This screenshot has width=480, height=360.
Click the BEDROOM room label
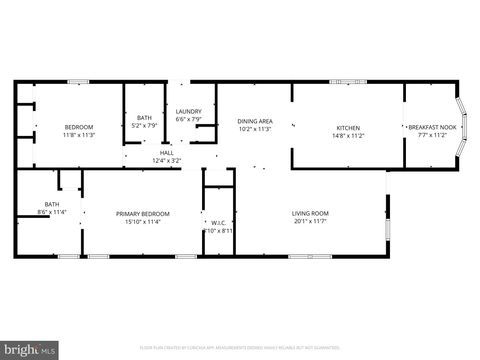coord(79,127)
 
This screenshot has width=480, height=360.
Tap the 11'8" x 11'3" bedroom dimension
coord(79,135)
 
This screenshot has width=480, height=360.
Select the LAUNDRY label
coord(189,111)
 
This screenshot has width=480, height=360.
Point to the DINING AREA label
coord(255,121)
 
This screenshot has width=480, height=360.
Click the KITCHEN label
coord(348,128)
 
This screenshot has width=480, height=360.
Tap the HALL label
coord(166,153)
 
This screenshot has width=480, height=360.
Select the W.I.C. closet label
coord(218,223)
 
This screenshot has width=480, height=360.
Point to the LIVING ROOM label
coord(310,213)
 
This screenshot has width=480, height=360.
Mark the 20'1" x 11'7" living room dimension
coord(310,221)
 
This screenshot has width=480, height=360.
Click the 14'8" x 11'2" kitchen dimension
coord(348,136)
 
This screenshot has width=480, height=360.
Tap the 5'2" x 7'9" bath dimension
coord(145,126)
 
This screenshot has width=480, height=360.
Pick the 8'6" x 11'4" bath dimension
coord(51,212)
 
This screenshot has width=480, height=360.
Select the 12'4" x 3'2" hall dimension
coord(166,161)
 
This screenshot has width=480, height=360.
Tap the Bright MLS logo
coord(30,350)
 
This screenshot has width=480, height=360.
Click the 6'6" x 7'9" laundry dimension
coord(189,119)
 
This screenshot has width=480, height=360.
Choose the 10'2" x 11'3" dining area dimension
coord(255,129)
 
